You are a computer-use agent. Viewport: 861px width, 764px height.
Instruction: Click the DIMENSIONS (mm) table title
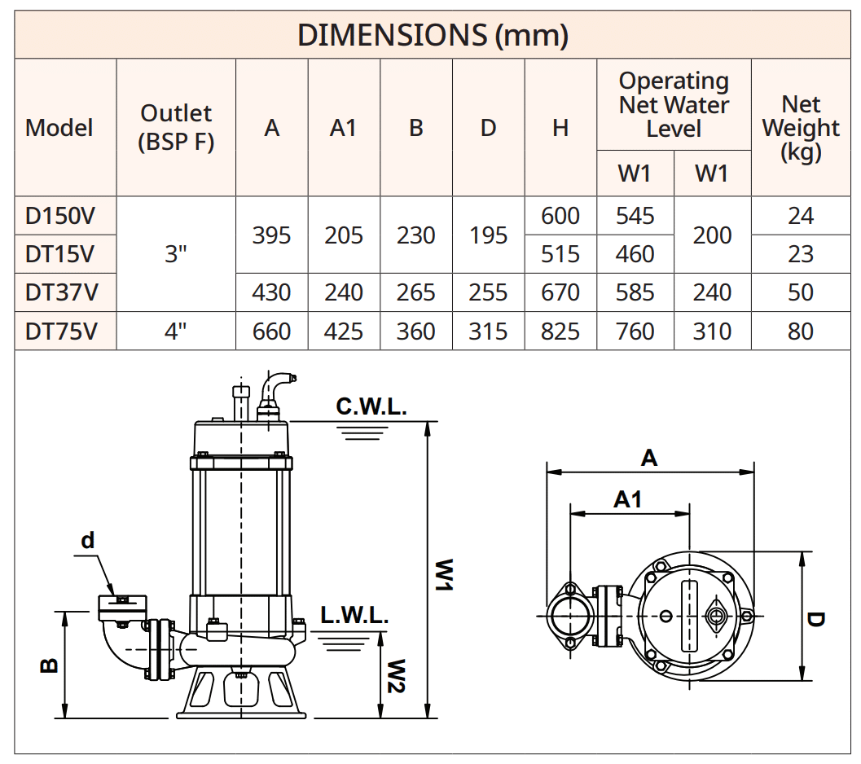432,35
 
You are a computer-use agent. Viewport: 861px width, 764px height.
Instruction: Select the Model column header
59,128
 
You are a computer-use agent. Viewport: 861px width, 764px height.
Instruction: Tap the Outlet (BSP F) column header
176,127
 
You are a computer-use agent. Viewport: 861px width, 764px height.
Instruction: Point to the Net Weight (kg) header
800,128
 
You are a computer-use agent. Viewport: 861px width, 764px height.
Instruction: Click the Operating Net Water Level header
674,105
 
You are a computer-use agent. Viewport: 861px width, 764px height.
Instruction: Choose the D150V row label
59,216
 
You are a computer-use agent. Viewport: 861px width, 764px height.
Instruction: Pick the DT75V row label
59,332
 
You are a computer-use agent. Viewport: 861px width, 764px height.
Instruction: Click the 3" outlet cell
176,254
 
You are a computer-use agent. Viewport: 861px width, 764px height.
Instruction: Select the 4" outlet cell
176,332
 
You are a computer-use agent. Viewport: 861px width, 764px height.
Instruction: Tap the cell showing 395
271,235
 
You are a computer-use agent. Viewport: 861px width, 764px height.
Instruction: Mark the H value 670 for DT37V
560,292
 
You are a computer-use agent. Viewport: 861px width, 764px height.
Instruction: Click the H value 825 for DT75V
560,332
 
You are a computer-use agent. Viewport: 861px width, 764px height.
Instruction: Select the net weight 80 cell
800,332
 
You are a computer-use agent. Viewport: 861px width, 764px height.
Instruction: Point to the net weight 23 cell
800,254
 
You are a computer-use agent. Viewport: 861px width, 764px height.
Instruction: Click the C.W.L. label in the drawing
371,407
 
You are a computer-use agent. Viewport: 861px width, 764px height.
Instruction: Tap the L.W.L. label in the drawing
354,616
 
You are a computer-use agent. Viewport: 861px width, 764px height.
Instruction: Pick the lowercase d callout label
88,540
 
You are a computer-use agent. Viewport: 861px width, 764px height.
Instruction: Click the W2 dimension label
396,676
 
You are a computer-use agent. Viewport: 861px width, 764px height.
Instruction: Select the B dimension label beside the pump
49,665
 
